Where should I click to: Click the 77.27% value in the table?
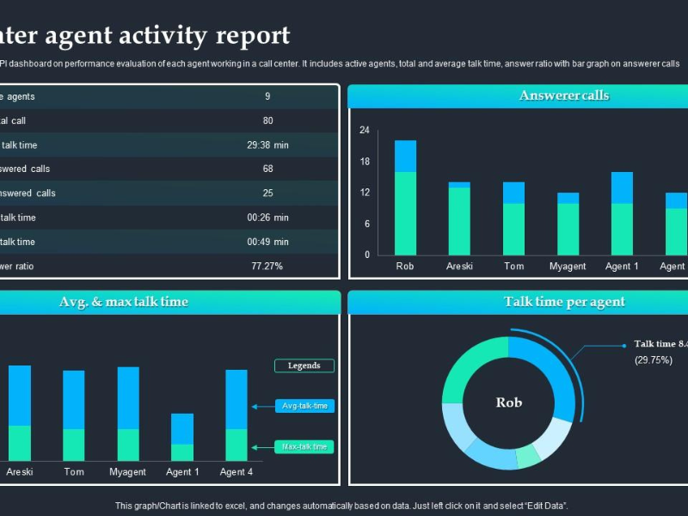tap(267, 267)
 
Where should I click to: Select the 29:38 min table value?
tap(267, 145)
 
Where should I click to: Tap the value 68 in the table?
tap(267, 169)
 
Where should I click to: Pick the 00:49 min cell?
tap(267, 243)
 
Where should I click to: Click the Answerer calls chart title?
tap(564, 95)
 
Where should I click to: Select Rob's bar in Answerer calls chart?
tap(405, 198)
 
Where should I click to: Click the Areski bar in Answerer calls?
tap(459, 219)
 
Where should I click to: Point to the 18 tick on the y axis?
tap(365, 162)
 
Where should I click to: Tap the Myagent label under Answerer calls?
tap(568, 267)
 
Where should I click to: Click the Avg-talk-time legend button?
tap(304, 406)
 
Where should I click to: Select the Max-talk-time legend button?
tap(304, 447)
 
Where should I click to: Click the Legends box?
tap(304, 365)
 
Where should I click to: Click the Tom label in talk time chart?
tap(74, 472)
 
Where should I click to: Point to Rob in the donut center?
tap(509, 402)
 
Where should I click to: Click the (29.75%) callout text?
tap(654, 360)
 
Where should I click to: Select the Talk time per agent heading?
tap(564, 302)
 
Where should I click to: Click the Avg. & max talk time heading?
tap(124, 302)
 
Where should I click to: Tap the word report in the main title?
tap(253, 36)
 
